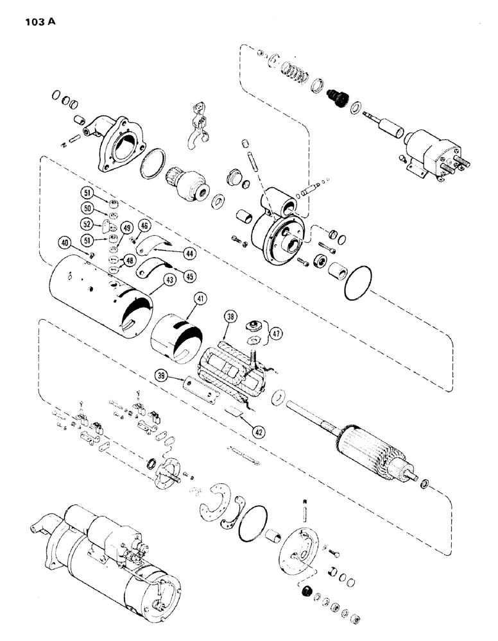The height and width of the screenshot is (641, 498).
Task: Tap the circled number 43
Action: point(151,280)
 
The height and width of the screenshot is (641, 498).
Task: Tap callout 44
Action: point(189,253)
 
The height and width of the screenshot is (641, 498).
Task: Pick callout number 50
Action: point(87,209)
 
